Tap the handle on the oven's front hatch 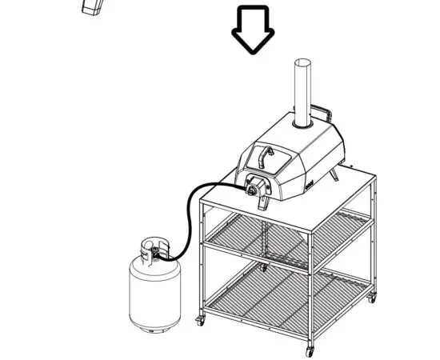266,153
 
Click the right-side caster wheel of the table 369,299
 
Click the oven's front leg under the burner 262,206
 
